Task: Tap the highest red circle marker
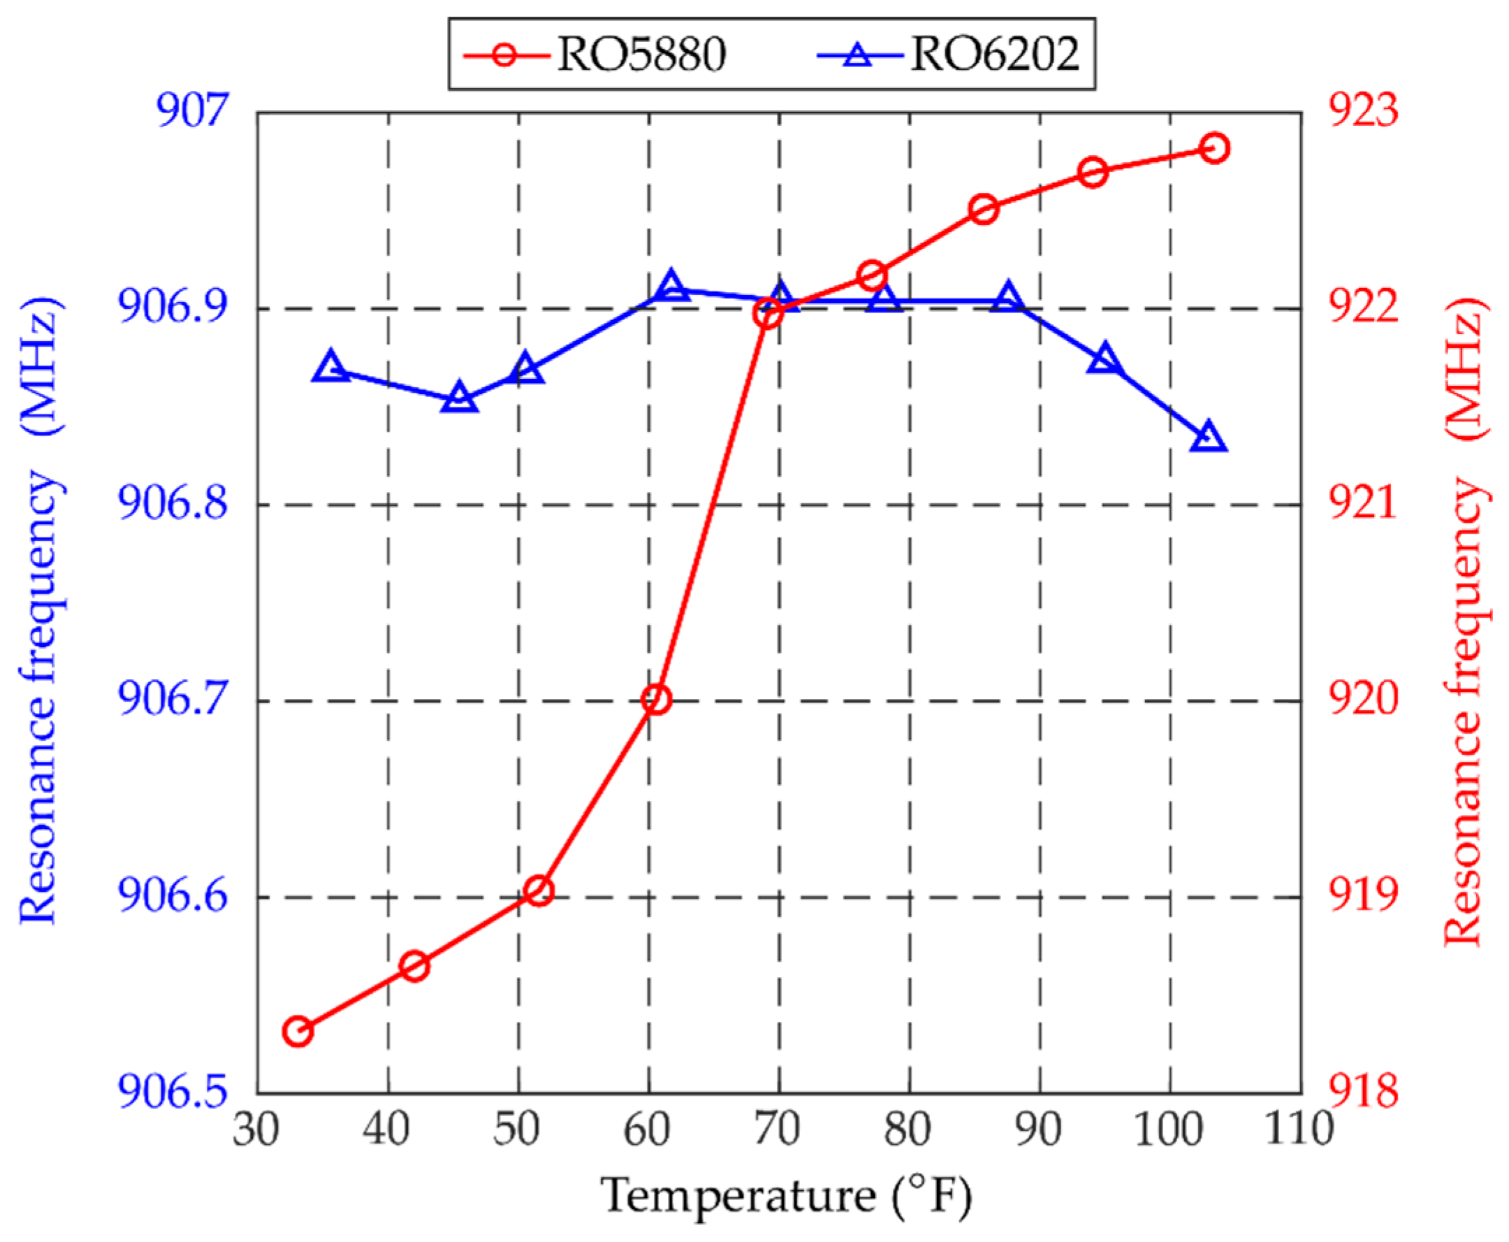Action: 1213,148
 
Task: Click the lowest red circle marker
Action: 298,1032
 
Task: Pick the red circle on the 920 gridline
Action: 656,699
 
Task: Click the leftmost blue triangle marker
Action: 330,368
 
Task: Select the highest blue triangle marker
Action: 670,287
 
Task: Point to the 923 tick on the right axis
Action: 1363,113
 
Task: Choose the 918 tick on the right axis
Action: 1363,1092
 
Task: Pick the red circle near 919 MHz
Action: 539,890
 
